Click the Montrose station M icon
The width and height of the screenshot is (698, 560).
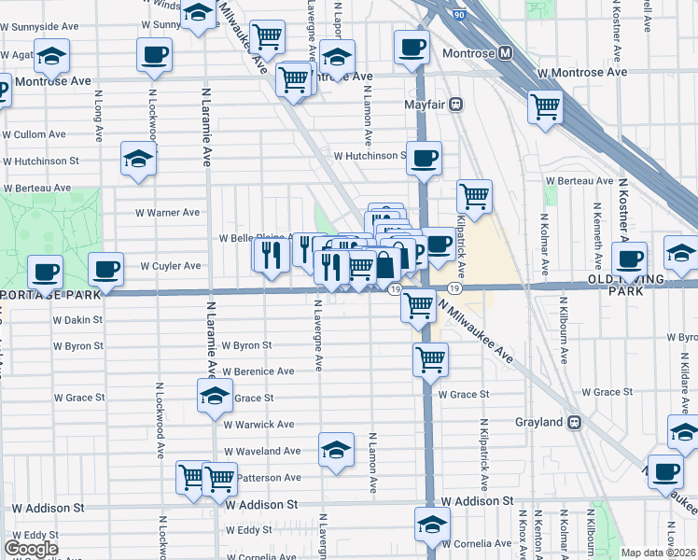[x=505, y=53]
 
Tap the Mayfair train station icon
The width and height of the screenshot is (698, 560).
[x=456, y=105]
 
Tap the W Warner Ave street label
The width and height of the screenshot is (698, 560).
[x=168, y=213]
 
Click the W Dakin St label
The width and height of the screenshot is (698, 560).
[x=78, y=320]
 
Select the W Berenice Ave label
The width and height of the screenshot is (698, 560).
[x=258, y=371]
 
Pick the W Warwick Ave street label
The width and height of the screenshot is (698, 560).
[x=258, y=425]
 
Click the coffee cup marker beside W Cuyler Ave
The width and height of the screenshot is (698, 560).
[x=105, y=270]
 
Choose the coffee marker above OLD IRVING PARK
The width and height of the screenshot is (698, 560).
[x=629, y=259]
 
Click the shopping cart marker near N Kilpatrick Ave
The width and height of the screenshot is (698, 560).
[x=475, y=196]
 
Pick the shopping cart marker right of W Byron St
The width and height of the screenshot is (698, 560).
[x=430, y=358]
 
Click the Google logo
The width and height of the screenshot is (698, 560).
[x=31, y=549]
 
